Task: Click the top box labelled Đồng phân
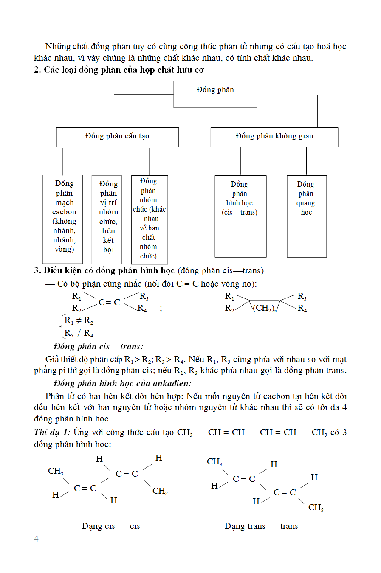click(215, 94)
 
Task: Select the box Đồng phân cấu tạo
click(117, 137)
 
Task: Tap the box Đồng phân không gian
click(274, 137)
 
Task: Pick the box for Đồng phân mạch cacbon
click(62, 219)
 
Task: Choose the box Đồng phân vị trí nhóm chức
click(107, 219)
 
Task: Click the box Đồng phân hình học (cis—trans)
click(240, 216)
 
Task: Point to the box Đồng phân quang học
click(307, 216)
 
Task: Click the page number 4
click(36, 539)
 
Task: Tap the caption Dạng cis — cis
click(111, 526)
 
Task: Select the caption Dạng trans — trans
click(261, 526)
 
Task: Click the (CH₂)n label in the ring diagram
click(265, 308)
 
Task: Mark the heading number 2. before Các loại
click(37, 70)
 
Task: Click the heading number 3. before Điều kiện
click(37, 271)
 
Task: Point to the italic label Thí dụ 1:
click(52, 433)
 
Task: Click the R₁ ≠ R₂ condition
click(79, 321)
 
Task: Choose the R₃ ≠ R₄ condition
click(79, 333)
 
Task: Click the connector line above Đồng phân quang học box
click(306, 161)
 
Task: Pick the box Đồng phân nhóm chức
click(150, 219)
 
